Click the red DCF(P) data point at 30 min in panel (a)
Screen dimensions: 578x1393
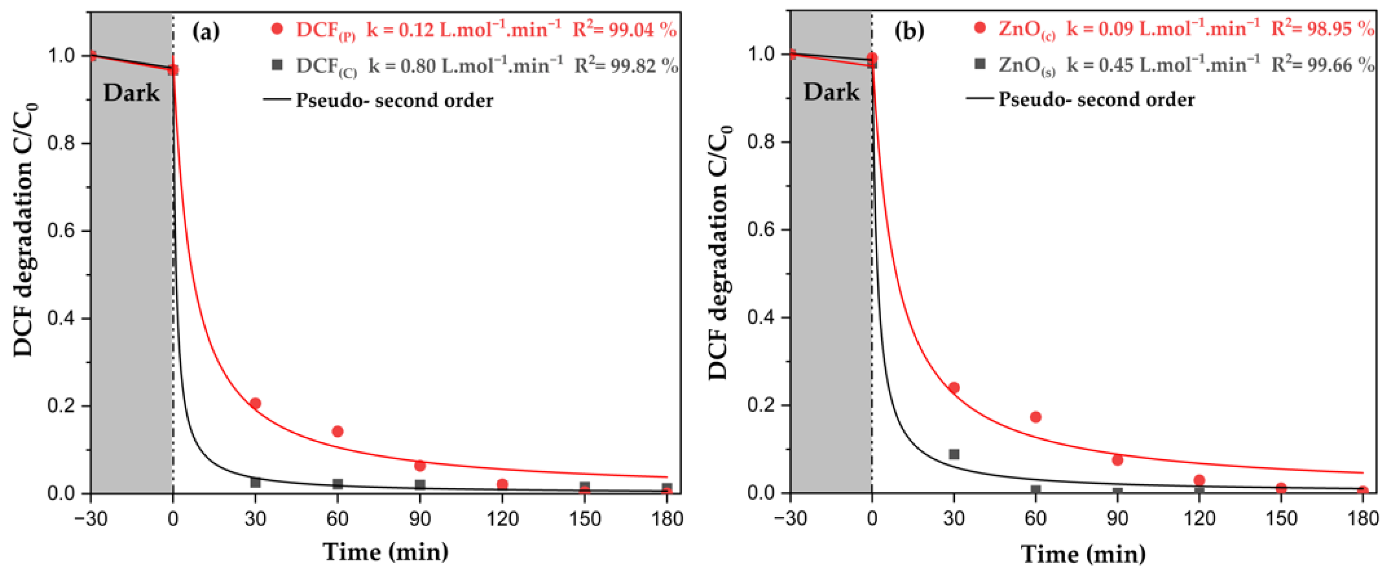click(255, 403)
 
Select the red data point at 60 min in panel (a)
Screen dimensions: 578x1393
click(337, 431)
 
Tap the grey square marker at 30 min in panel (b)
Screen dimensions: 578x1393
click(954, 454)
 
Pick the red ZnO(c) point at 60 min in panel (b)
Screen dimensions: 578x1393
click(1035, 417)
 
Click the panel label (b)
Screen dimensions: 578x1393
click(909, 31)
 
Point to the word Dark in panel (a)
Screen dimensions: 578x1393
click(131, 93)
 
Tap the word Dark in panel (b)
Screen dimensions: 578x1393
click(831, 92)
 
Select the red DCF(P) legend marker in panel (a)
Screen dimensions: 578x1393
click(277, 29)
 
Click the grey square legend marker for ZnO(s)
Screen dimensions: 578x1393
click(979, 64)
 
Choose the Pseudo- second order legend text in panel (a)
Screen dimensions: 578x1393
click(394, 100)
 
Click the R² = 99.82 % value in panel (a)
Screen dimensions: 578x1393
click(626, 66)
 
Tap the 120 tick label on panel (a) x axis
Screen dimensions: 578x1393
click(503, 519)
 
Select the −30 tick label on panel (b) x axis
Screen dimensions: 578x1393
click(790, 519)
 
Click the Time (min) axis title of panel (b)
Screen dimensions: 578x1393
click(1083, 554)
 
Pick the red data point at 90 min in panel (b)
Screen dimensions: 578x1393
click(1117, 460)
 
